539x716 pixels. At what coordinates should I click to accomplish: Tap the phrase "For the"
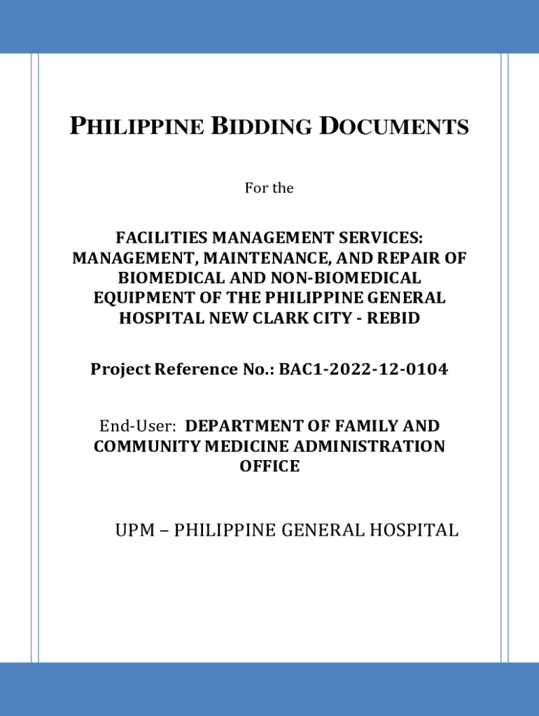click(269, 188)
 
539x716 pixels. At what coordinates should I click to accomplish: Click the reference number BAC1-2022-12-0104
click(363, 369)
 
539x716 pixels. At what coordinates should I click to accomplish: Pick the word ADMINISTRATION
click(372, 446)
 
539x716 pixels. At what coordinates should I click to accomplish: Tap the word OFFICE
click(269, 466)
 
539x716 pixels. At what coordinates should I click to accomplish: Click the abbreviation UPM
click(136, 531)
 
